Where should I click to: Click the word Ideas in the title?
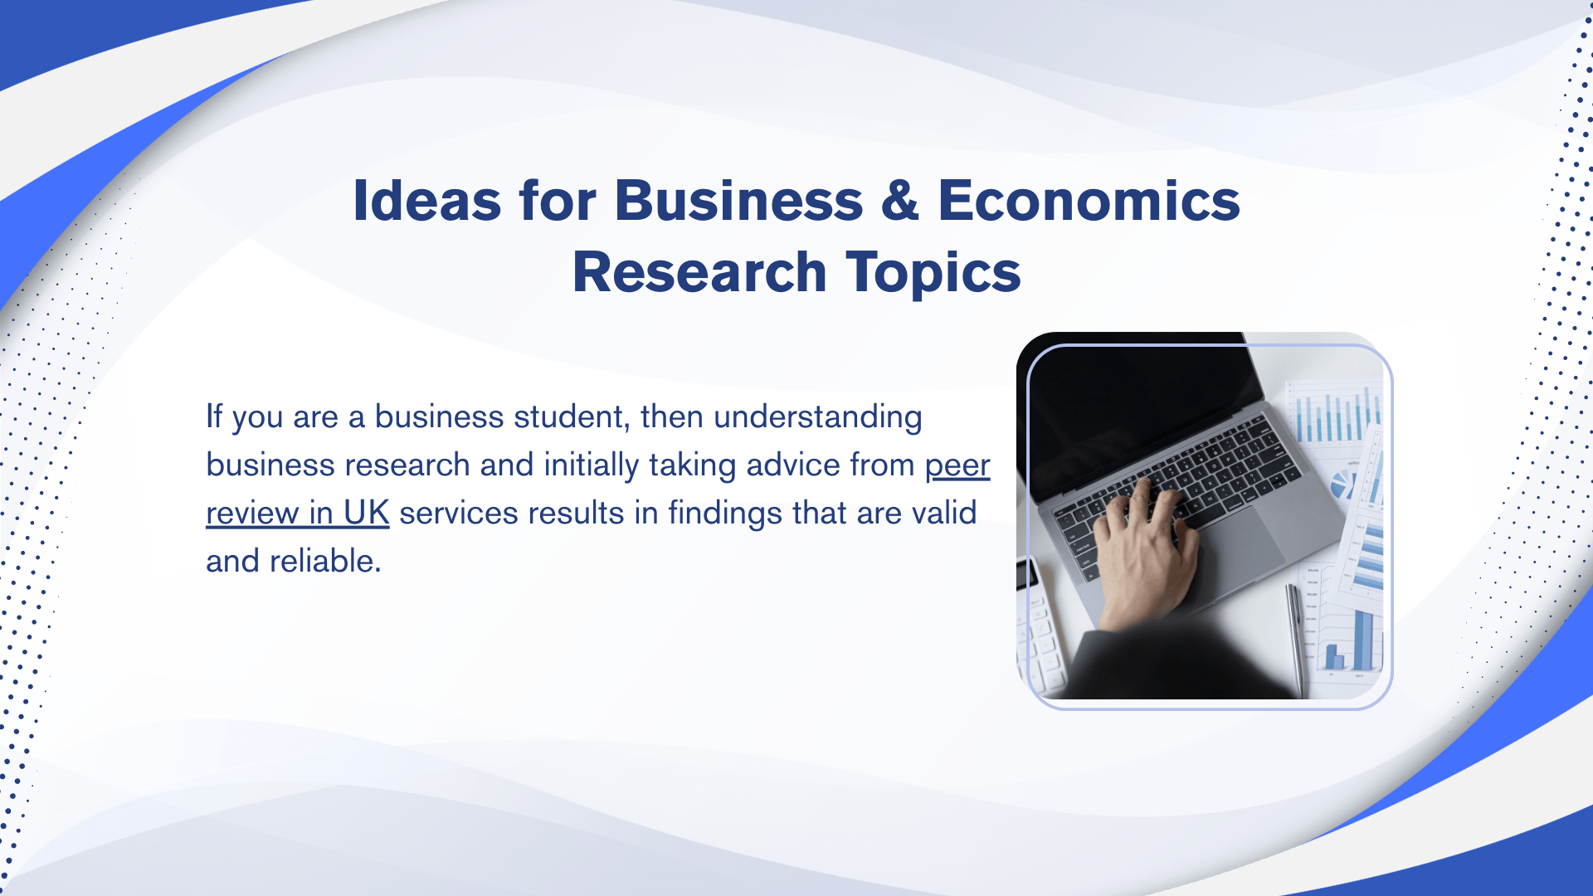[x=426, y=201]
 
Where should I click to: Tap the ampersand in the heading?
[x=900, y=201]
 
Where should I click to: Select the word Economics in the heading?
[x=1089, y=201]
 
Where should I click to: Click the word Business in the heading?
[x=738, y=201]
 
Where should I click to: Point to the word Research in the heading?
[x=699, y=272]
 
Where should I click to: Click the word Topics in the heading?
[x=933, y=274]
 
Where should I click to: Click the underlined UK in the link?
[x=366, y=514]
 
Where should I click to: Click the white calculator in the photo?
[x=1039, y=631]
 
